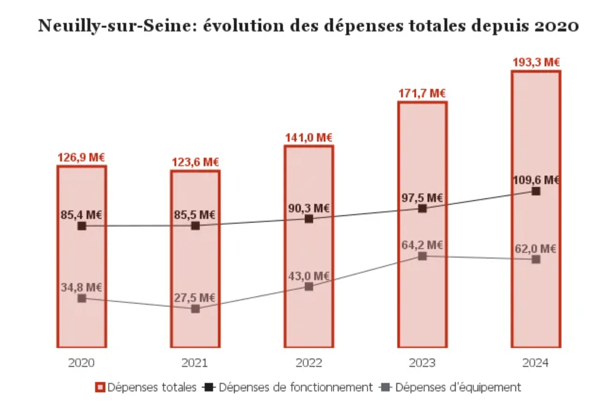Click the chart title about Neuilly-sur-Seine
308,26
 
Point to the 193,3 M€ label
536,62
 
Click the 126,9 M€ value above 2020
81,157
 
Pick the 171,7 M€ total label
422,93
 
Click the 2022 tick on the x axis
308,363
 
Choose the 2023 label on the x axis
422,363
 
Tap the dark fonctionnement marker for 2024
535,191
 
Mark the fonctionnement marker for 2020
82,226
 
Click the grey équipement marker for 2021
195,308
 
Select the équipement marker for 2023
422,256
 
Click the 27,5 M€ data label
195,297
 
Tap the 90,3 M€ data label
309,208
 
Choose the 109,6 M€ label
535,180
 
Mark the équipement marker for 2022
308,286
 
